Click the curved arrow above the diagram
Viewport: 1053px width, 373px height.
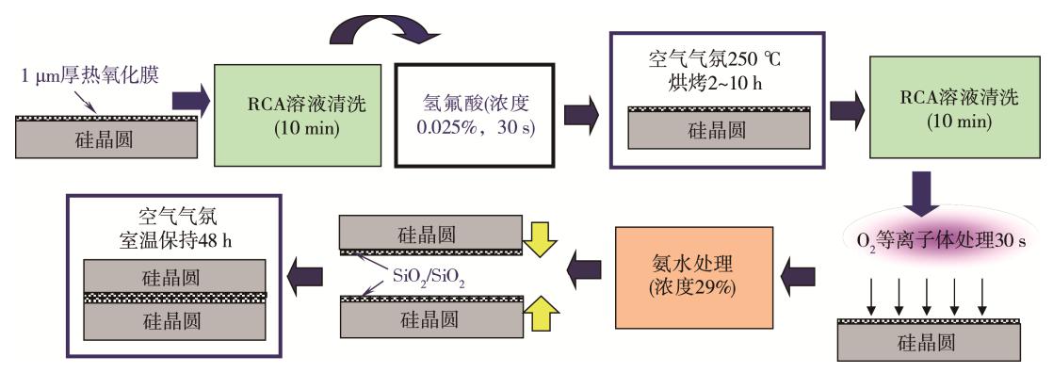click(x=383, y=30)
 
